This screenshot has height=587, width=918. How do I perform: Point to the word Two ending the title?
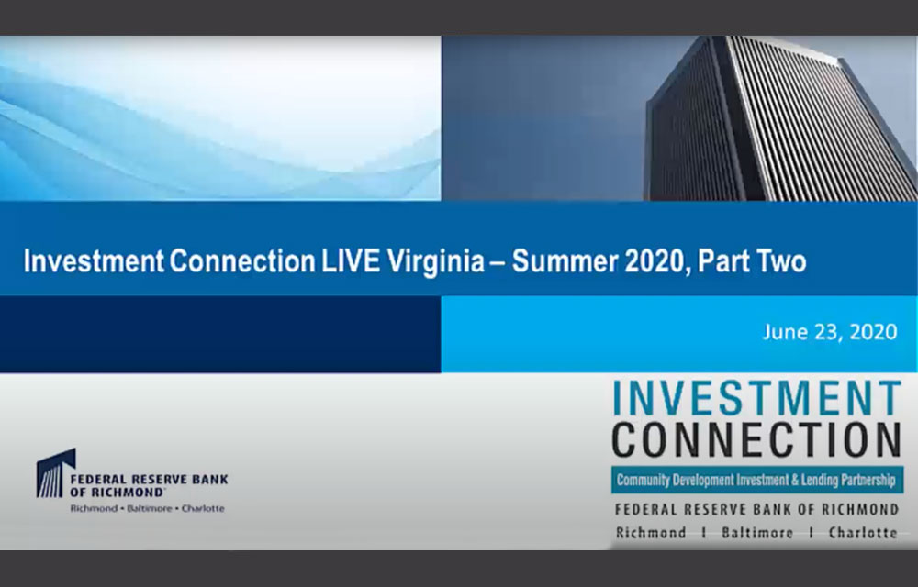tap(779, 261)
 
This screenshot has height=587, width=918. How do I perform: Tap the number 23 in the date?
tap(823, 332)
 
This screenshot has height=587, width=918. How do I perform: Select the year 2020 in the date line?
tap(870, 332)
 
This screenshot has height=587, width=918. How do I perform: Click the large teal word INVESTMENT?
tap(756, 399)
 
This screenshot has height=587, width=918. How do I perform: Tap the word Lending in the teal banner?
tap(817, 479)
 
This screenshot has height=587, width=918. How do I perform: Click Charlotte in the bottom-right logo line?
tap(862, 533)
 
